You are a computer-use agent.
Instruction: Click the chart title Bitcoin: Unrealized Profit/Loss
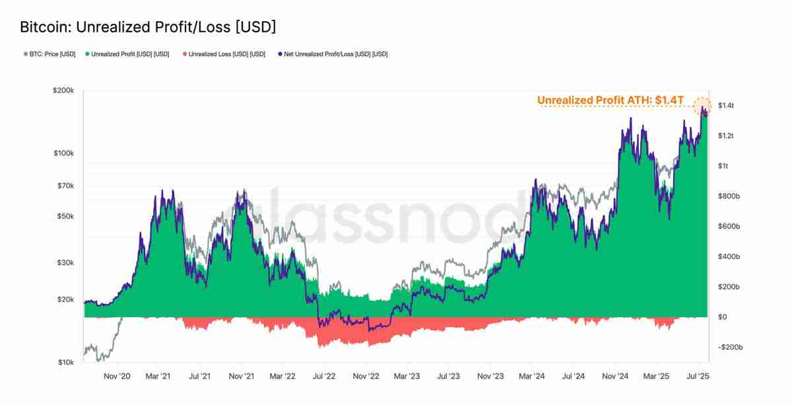tap(148, 27)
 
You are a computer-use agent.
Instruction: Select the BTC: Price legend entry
tap(49, 54)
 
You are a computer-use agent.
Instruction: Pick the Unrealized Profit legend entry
tap(127, 54)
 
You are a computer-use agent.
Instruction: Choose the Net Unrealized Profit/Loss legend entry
tap(333, 54)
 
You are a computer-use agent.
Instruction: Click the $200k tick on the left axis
tap(63, 90)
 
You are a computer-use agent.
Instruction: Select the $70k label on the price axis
tap(65, 186)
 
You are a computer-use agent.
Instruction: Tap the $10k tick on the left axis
tap(65, 363)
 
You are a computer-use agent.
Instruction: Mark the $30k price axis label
tap(65, 263)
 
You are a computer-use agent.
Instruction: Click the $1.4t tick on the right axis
tap(726, 106)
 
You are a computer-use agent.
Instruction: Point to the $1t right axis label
tap(723, 166)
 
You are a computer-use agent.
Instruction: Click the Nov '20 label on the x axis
tap(117, 376)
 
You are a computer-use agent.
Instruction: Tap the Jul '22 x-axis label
tap(324, 376)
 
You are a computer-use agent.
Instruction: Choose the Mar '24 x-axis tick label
tap(531, 376)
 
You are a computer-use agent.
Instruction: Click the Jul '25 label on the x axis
tap(697, 376)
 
